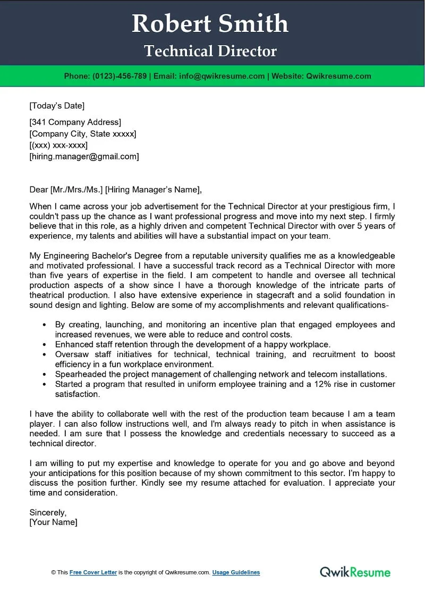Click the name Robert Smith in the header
pos(210,24)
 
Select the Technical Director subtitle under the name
pos(210,51)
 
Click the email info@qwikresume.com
pos(222,76)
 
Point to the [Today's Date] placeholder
pos(57,105)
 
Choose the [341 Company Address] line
pos(75,122)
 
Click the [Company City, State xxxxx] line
pos(83,133)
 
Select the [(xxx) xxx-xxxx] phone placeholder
pos(58,145)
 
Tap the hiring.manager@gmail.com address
pos(84,156)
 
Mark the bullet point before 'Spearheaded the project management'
pos(44,374)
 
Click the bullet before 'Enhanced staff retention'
pos(44,344)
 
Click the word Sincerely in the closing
pos(48,512)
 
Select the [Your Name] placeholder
pos(53,522)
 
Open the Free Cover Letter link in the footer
pos(93,572)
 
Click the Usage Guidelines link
pos(236,572)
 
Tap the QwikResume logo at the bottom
pos(355,572)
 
